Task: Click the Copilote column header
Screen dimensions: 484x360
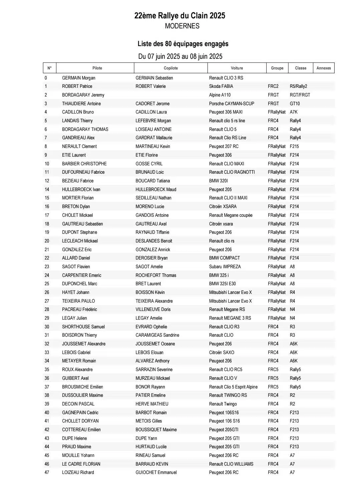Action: [170, 68]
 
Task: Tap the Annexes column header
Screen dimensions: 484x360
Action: [323, 68]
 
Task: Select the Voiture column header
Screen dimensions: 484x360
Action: [237, 68]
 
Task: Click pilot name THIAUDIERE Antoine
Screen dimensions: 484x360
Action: [81, 104]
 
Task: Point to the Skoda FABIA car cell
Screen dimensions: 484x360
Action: [221, 86]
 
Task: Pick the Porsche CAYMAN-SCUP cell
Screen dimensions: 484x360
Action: [232, 104]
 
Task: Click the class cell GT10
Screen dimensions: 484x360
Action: [295, 104]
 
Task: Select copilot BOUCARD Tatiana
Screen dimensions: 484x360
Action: [152, 181]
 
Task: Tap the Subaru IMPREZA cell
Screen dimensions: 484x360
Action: [225, 267]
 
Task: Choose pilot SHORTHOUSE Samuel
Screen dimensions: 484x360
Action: [83, 327]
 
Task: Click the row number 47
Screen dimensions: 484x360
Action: [47, 472]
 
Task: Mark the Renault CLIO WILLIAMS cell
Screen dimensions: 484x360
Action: [231, 464]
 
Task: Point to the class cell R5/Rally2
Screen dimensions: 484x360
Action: [298, 86]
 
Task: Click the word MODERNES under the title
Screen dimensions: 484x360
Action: [182, 26]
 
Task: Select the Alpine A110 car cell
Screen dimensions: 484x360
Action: [220, 95]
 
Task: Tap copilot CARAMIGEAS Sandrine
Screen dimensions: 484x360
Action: [157, 335]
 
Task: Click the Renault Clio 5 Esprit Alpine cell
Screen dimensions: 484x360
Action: [233, 387]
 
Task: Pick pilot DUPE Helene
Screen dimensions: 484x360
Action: [74, 438]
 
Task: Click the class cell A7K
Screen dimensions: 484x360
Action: [294, 112]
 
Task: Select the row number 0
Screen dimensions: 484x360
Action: [46, 78]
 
